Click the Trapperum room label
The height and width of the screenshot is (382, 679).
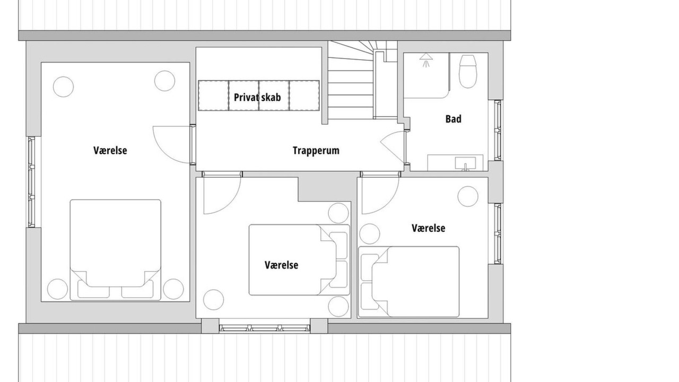[316, 150]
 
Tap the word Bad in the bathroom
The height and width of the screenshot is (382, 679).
[454, 119]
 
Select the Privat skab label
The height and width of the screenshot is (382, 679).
[257, 97]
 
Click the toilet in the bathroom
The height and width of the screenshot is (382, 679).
[468, 72]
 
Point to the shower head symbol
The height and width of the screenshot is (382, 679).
[426, 60]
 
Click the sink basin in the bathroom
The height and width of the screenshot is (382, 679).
[465, 163]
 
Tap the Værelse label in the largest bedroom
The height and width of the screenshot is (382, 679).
[110, 150]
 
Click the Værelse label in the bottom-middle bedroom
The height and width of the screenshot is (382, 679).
[281, 265]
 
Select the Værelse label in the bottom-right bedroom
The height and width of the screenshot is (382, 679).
[428, 228]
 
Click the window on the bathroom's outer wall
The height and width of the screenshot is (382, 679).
[498, 131]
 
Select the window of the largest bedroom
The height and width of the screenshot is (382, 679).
[31, 182]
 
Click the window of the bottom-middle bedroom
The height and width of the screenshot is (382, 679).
[265, 328]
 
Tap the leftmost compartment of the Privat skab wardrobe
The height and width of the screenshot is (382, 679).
[213, 95]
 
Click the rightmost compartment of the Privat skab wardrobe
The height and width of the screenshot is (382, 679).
[304, 95]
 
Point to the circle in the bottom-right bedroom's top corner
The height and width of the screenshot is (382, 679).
[468, 196]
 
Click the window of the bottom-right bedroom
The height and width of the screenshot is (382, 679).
[498, 233]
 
